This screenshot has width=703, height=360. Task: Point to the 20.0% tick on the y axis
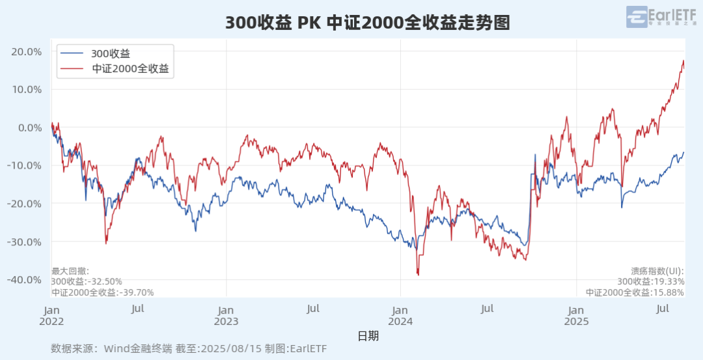click(27, 51)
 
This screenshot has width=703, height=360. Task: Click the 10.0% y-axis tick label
click(27, 89)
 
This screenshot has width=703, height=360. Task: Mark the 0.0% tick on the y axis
click(29, 128)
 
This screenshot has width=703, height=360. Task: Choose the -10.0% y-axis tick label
click(25, 165)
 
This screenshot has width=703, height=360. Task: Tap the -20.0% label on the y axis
click(25, 204)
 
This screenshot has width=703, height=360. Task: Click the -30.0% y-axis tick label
click(25, 242)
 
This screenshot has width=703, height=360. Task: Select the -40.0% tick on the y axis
click(25, 280)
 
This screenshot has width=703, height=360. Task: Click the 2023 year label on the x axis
click(226, 321)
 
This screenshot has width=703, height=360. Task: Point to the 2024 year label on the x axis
click(401, 321)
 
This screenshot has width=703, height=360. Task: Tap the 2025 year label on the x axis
click(576, 321)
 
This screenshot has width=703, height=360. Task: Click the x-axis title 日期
click(368, 336)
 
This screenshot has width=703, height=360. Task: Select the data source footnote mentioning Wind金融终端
click(189, 349)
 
